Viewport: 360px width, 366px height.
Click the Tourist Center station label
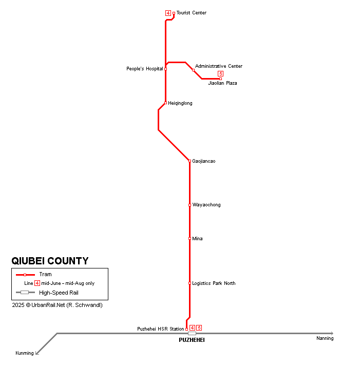192,13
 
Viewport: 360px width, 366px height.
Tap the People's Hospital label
144,69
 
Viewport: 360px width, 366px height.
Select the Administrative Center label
218,66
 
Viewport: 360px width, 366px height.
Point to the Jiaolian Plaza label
222,83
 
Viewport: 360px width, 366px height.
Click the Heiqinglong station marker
165,103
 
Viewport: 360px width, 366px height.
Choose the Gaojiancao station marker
190,161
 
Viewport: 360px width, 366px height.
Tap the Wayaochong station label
206,205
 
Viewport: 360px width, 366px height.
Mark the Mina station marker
190,239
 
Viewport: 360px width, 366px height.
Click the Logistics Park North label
214,283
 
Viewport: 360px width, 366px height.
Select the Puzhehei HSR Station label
160,329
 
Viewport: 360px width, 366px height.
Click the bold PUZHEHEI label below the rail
192,340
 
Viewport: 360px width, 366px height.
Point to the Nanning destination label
325,338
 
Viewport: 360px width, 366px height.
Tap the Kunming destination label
25,353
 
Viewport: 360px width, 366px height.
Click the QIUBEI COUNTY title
50,261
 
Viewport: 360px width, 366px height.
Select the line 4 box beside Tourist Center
168,13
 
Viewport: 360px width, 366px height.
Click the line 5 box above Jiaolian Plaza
220,73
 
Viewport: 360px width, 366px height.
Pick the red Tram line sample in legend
25,275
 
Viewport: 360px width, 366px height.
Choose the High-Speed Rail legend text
59,293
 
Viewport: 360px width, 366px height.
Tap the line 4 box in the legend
37,283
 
